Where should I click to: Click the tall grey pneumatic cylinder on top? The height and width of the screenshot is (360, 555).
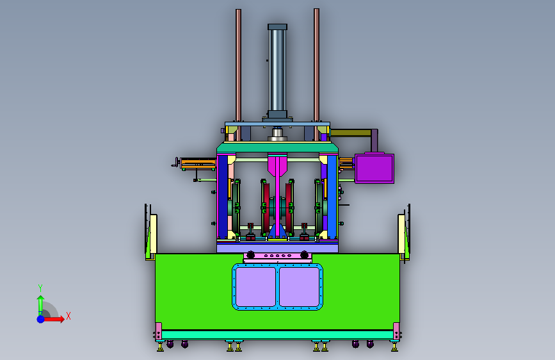tap(278, 71)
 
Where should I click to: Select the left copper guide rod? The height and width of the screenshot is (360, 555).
tap(239, 74)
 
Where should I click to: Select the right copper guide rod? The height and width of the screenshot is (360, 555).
tap(316, 74)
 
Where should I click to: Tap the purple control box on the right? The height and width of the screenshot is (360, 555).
tap(374, 168)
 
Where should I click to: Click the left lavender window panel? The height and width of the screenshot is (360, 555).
tap(255, 286)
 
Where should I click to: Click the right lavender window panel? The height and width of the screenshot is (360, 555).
tap(300, 286)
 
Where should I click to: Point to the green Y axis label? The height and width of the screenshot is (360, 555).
tap(40, 288)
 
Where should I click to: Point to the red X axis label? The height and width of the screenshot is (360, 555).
tap(68, 316)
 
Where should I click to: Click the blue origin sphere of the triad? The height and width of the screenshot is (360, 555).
tap(41, 319)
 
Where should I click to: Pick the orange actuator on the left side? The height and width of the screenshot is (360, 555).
tap(198, 163)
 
